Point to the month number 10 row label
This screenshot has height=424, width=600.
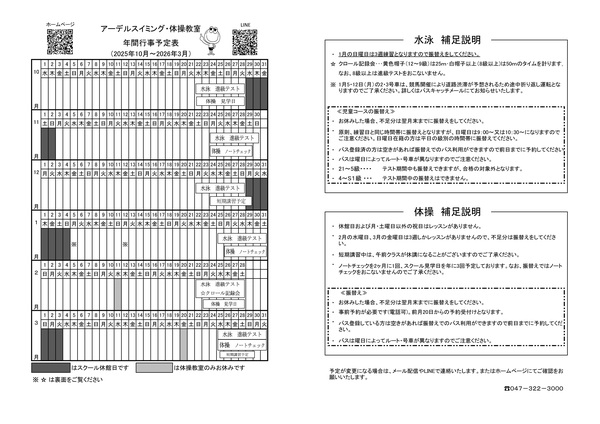tap(36, 73)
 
